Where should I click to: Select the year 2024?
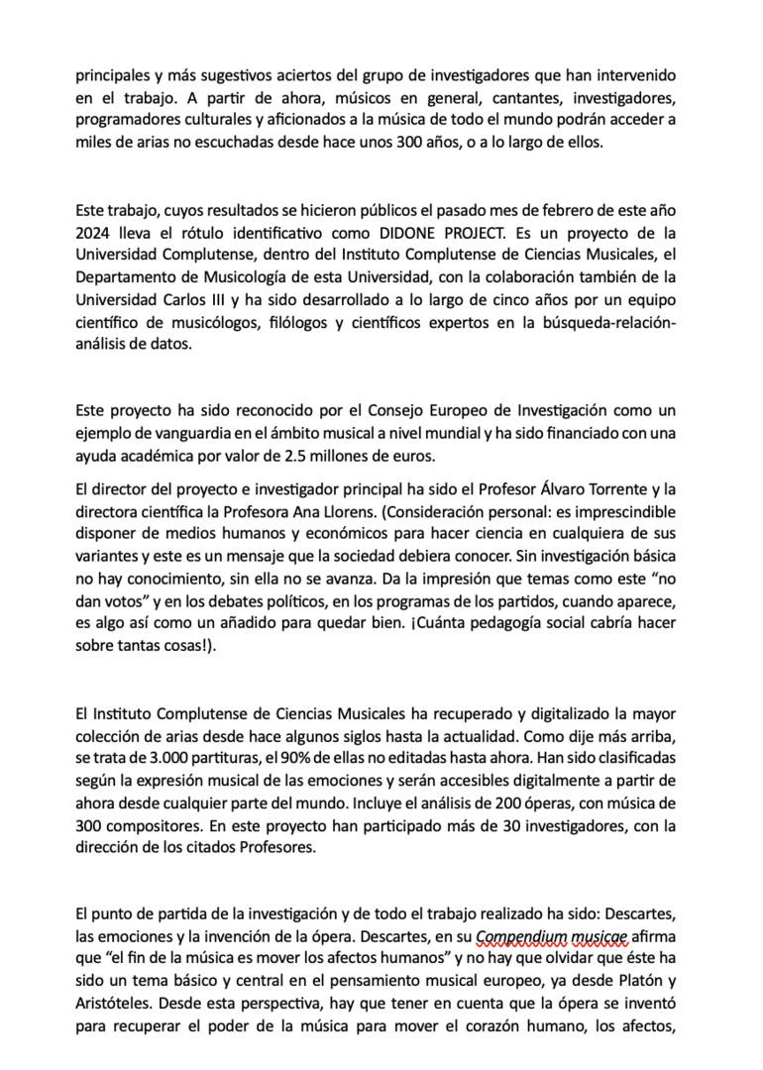click(93, 234)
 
